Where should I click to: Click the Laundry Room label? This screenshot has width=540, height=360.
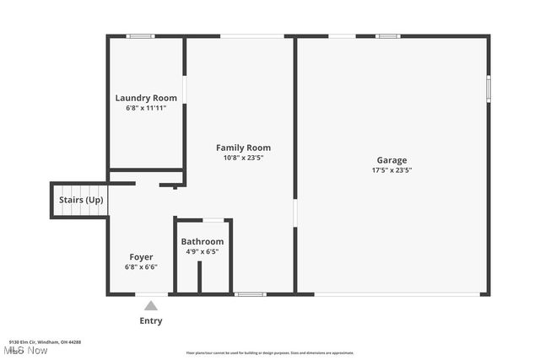[x=146, y=98]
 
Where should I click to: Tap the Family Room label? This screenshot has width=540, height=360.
[x=243, y=148]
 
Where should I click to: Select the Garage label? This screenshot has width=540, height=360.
[x=391, y=159]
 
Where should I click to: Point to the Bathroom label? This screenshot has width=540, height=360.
[x=202, y=242]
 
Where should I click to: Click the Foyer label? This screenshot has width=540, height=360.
[x=141, y=256]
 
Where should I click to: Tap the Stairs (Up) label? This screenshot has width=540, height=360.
[x=81, y=200]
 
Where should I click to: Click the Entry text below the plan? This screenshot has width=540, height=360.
[x=151, y=320]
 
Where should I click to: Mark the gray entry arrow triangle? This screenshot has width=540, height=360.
[x=151, y=305]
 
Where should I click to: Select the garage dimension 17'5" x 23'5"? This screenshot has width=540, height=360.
[x=391, y=170]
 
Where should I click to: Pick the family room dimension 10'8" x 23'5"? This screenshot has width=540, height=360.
[x=243, y=159]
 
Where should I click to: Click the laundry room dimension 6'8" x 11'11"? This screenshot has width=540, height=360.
[x=146, y=108]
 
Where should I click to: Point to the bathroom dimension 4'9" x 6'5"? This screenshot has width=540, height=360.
[x=202, y=251]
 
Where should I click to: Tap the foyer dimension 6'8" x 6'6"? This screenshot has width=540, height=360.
[x=141, y=266]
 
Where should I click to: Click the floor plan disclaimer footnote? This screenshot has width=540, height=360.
[x=270, y=353]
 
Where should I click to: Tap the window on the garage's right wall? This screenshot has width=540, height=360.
[x=488, y=89]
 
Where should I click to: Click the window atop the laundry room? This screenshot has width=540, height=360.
[x=140, y=36]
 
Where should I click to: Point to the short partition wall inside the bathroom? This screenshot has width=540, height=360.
[x=199, y=277]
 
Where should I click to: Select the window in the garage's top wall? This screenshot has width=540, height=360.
[x=387, y=36]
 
